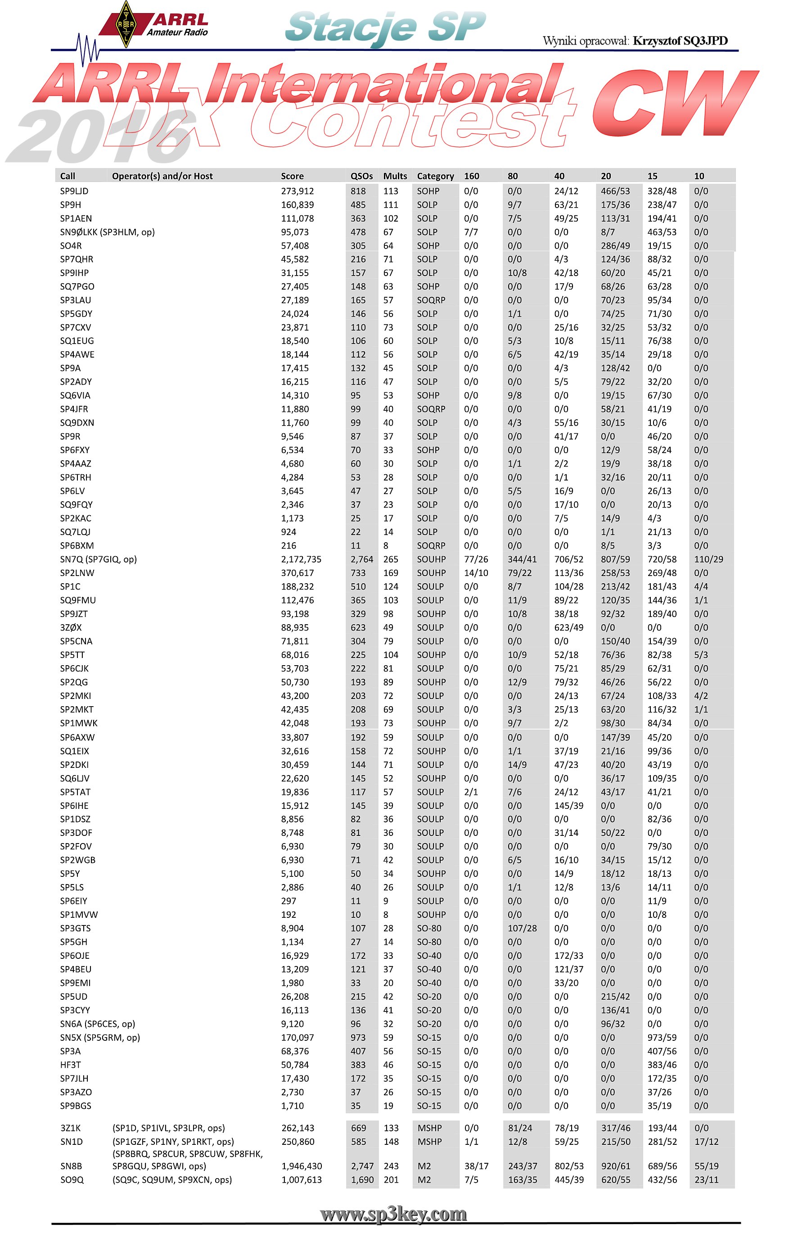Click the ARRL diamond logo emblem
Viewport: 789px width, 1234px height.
point(126,24)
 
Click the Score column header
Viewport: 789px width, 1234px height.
point(292,176)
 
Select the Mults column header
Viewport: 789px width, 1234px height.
point(395,176)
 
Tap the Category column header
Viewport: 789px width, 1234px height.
point(435,176)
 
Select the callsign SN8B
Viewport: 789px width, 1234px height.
point(71,1166)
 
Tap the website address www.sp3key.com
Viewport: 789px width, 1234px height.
point(393,1214)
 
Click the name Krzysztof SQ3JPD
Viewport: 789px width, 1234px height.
point(681,41)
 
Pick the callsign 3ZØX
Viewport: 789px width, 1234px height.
point(71,627)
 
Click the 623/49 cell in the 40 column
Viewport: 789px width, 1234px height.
point(569,627)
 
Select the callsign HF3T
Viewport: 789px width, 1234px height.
point(70,1065)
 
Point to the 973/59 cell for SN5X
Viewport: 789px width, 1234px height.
point(662,1038)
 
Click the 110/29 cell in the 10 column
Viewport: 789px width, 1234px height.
point(708,559)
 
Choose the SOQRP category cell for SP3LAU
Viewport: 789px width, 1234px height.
point(431,300)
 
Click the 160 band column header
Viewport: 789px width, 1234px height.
point(471,176)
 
